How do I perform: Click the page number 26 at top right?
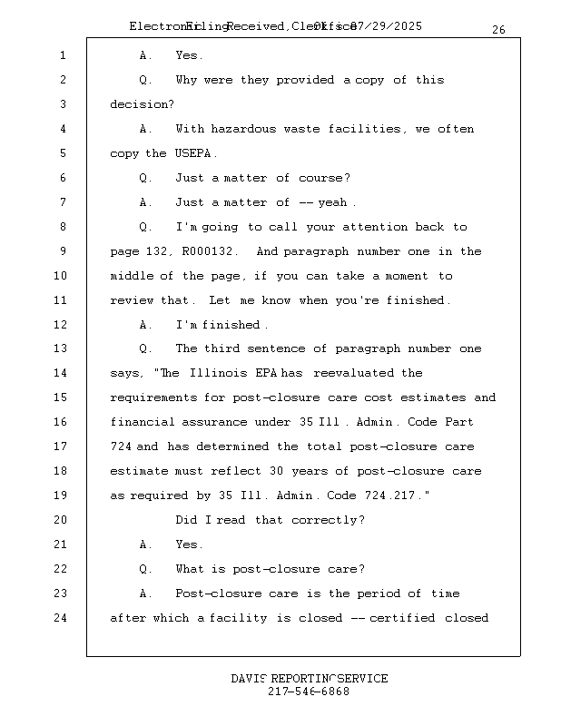click(498, 30)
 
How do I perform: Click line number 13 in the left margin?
click(61, 349)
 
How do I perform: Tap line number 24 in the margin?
click(61, 619)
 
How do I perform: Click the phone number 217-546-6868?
click(309, 692)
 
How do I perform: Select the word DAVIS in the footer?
click(249, 679)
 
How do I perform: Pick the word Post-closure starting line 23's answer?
click(218, 594)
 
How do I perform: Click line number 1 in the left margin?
click(63, 56)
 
